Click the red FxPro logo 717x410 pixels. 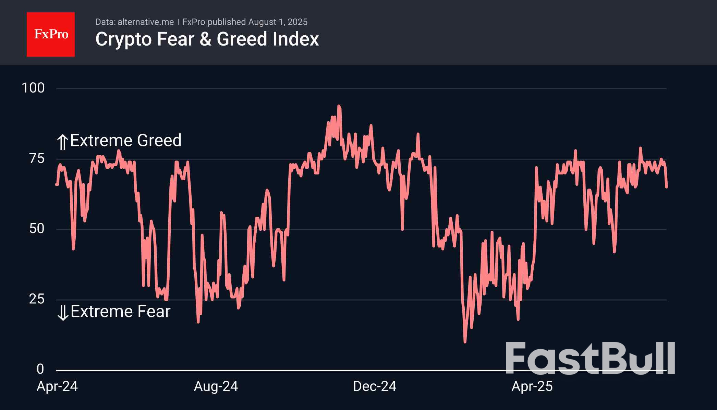click(x=51, y=34)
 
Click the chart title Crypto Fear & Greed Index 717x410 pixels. click(x=207, y=39)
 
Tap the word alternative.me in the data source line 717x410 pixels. click(x=146, y=22)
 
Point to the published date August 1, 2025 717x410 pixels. click(x=278, y=22)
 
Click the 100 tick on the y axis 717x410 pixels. click(x=33, y=88)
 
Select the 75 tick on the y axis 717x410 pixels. click(x=37, y=159)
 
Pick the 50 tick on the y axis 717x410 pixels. click(x=37, y=229)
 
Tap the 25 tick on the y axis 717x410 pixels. click(x=37, y=299)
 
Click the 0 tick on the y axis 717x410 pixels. click(x=40, y=369)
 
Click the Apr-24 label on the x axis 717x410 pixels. click(x=57, y=387)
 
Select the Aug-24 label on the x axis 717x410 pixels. click(x=216, y=387)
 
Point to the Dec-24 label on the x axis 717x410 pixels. click(x=375, y=387)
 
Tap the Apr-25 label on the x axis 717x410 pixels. click(x=532, y=387)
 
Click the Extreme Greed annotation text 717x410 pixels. click(x=126, y=141)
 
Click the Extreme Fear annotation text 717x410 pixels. click(x=120, y=312)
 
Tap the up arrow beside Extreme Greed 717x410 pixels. click(x=62, y=142)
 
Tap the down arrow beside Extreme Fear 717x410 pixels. click(x=63, y=313)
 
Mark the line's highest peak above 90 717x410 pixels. click(x=339, y=107)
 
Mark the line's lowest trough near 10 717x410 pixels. click(x=465, y=341)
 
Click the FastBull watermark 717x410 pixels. click(x=590, y=358)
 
